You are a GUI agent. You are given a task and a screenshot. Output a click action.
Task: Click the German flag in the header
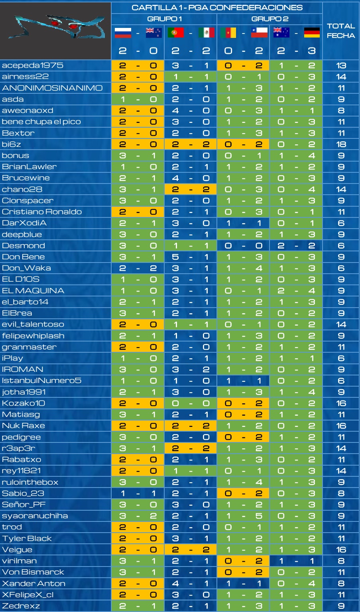click(312, 32)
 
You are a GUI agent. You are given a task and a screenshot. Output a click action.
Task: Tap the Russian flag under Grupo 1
click(123, 32)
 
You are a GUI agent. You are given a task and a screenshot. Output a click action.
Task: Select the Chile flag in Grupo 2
click(259, 32)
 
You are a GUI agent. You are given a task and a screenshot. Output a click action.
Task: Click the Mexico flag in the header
click(207, 32)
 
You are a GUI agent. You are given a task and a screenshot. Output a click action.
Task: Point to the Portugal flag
click(175, 32)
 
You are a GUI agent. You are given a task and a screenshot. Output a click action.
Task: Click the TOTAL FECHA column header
click(341, 31)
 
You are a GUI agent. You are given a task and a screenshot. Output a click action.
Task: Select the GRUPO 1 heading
click(164, 19)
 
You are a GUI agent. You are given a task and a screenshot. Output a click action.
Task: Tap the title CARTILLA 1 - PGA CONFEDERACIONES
click(217, 7)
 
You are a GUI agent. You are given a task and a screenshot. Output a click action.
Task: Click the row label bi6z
click(11, 144)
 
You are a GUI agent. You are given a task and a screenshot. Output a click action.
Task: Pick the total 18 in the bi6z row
click(341, 144)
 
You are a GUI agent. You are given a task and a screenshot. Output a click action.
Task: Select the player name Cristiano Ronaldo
click(42, 212)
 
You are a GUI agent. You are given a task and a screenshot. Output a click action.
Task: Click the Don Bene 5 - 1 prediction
click(191, 257)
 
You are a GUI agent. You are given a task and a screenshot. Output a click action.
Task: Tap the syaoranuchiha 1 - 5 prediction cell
click(243, 515)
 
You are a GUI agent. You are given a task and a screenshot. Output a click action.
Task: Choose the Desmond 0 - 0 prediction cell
click(243, 246)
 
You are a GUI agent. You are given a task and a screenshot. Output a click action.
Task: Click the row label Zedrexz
click(21, 606)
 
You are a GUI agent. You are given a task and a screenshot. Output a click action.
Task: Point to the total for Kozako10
click(341, 403)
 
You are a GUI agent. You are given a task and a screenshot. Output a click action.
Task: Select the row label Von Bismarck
click(33, 572)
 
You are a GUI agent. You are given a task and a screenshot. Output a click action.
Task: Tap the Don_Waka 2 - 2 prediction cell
click(138, 268)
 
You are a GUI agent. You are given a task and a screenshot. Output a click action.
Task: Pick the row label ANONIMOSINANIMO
click(52, 88)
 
